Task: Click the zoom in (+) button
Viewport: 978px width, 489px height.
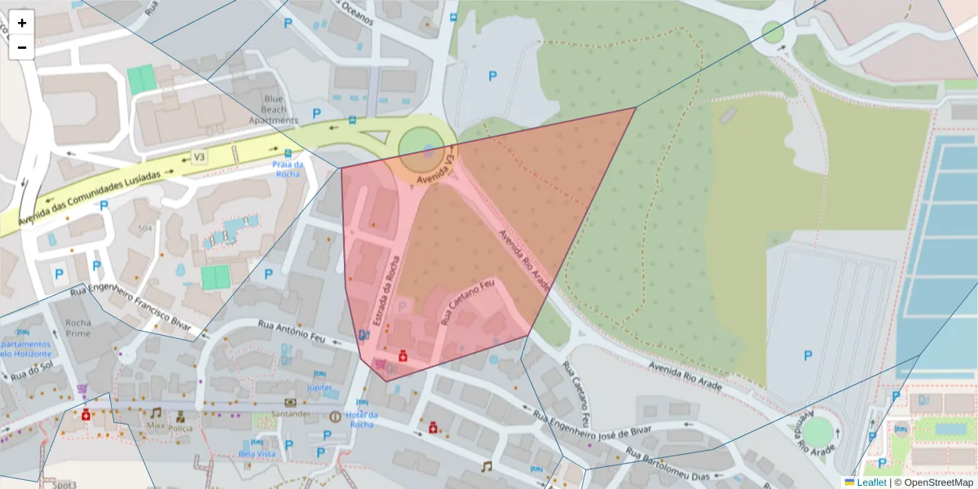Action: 22,23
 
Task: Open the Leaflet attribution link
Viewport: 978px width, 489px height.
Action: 870,482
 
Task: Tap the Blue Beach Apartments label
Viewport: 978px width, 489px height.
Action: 273,109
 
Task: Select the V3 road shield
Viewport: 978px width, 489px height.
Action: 199,156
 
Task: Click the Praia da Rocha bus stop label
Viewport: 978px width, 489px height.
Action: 288,169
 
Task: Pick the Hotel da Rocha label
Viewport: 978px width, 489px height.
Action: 361,419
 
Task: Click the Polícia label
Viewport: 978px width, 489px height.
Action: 180,427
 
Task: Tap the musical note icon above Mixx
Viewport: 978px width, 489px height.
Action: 156,412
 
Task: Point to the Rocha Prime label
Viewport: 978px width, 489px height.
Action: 78,328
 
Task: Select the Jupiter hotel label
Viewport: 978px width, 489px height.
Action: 319,388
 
